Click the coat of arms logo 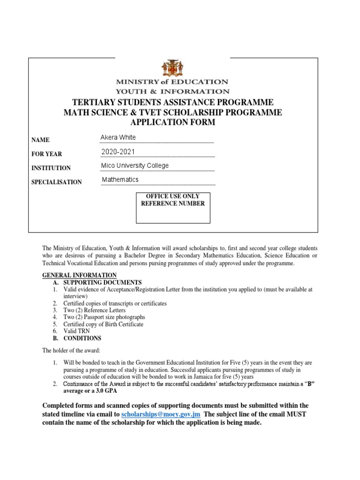(x=172, y=69)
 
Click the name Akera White (x=118, y=137)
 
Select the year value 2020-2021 (x=120, y=151)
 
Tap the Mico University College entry (x=135, y=165)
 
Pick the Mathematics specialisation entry (x=120, y=180)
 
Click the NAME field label (x=40, y=140)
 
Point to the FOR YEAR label (x=46, y=154)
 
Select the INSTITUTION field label (x=51, y=168)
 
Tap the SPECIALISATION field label (x=56, y=182)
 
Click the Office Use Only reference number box (x=173, y=207)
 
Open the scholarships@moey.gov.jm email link (x=161, y=415)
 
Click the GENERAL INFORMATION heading (x=79, y=275)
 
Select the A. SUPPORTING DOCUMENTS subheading (x=97, y=283)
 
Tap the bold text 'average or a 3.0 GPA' (x=90, y=390)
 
